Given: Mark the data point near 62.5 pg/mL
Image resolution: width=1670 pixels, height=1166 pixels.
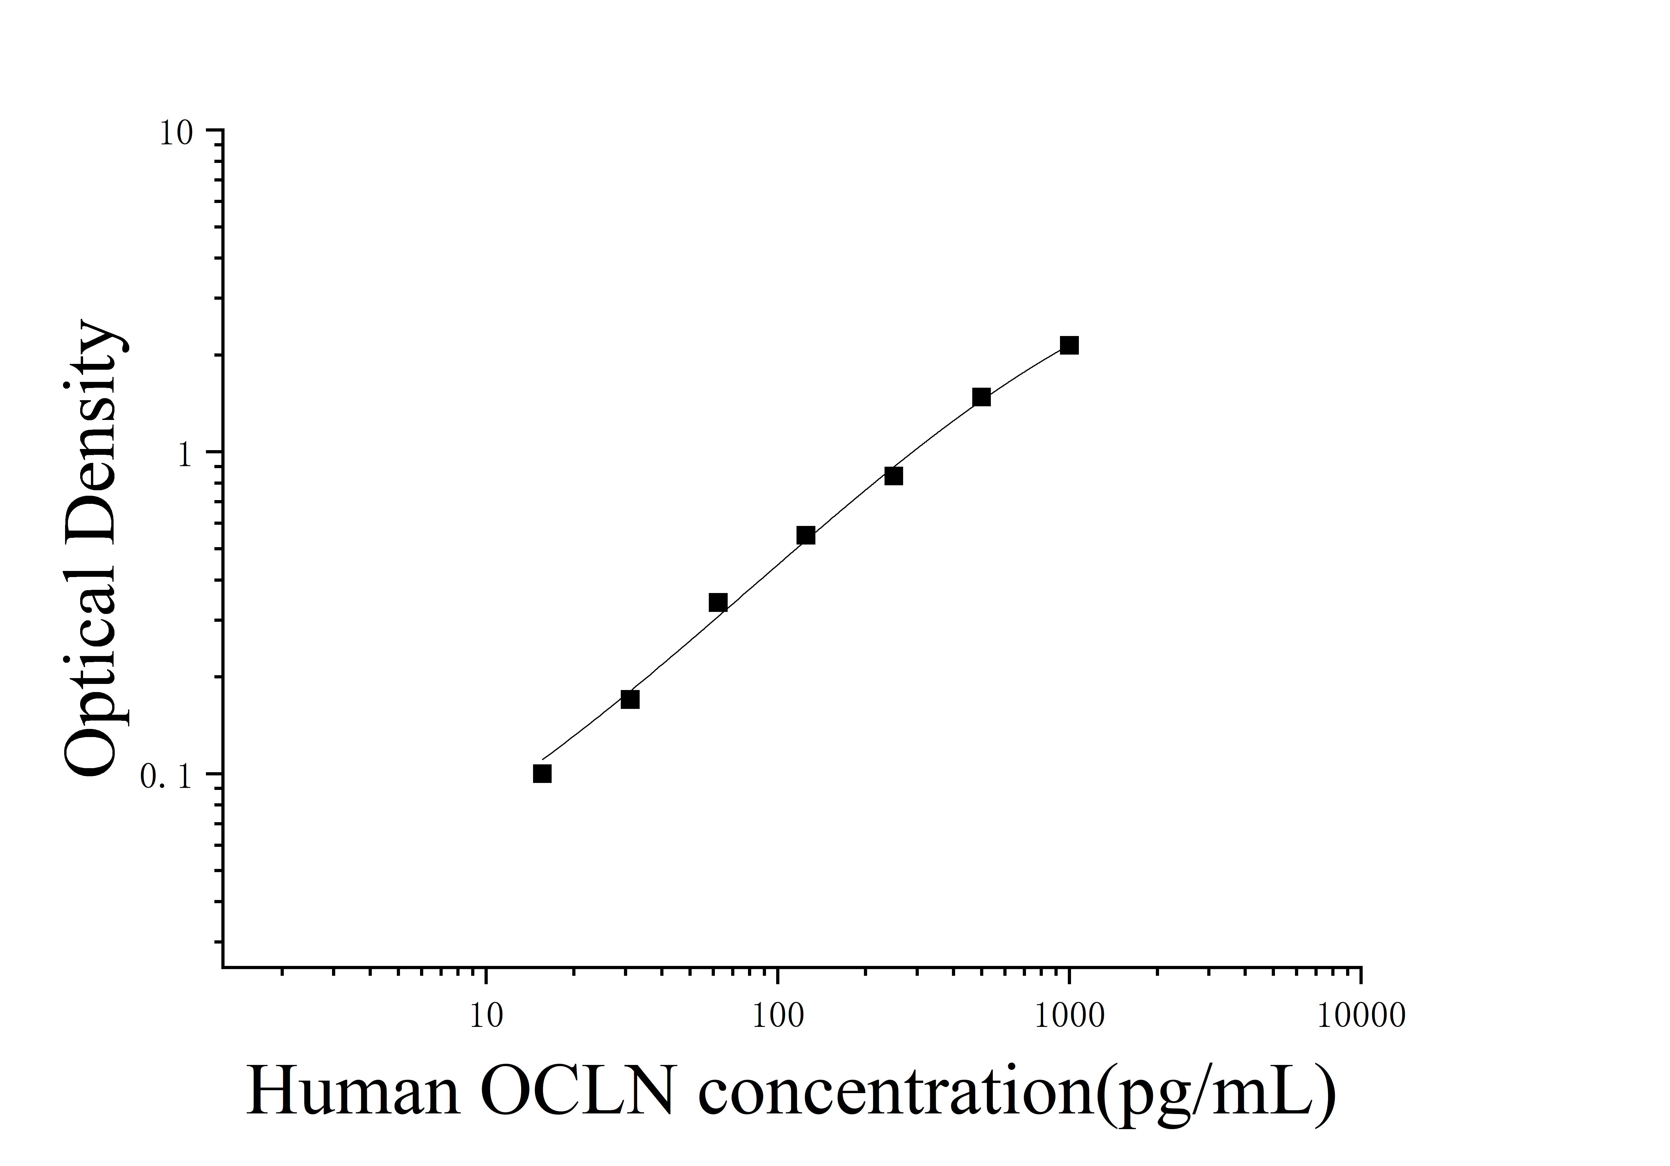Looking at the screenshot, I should [718, 602].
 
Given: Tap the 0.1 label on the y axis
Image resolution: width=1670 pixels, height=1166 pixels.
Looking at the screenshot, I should [166, 778].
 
